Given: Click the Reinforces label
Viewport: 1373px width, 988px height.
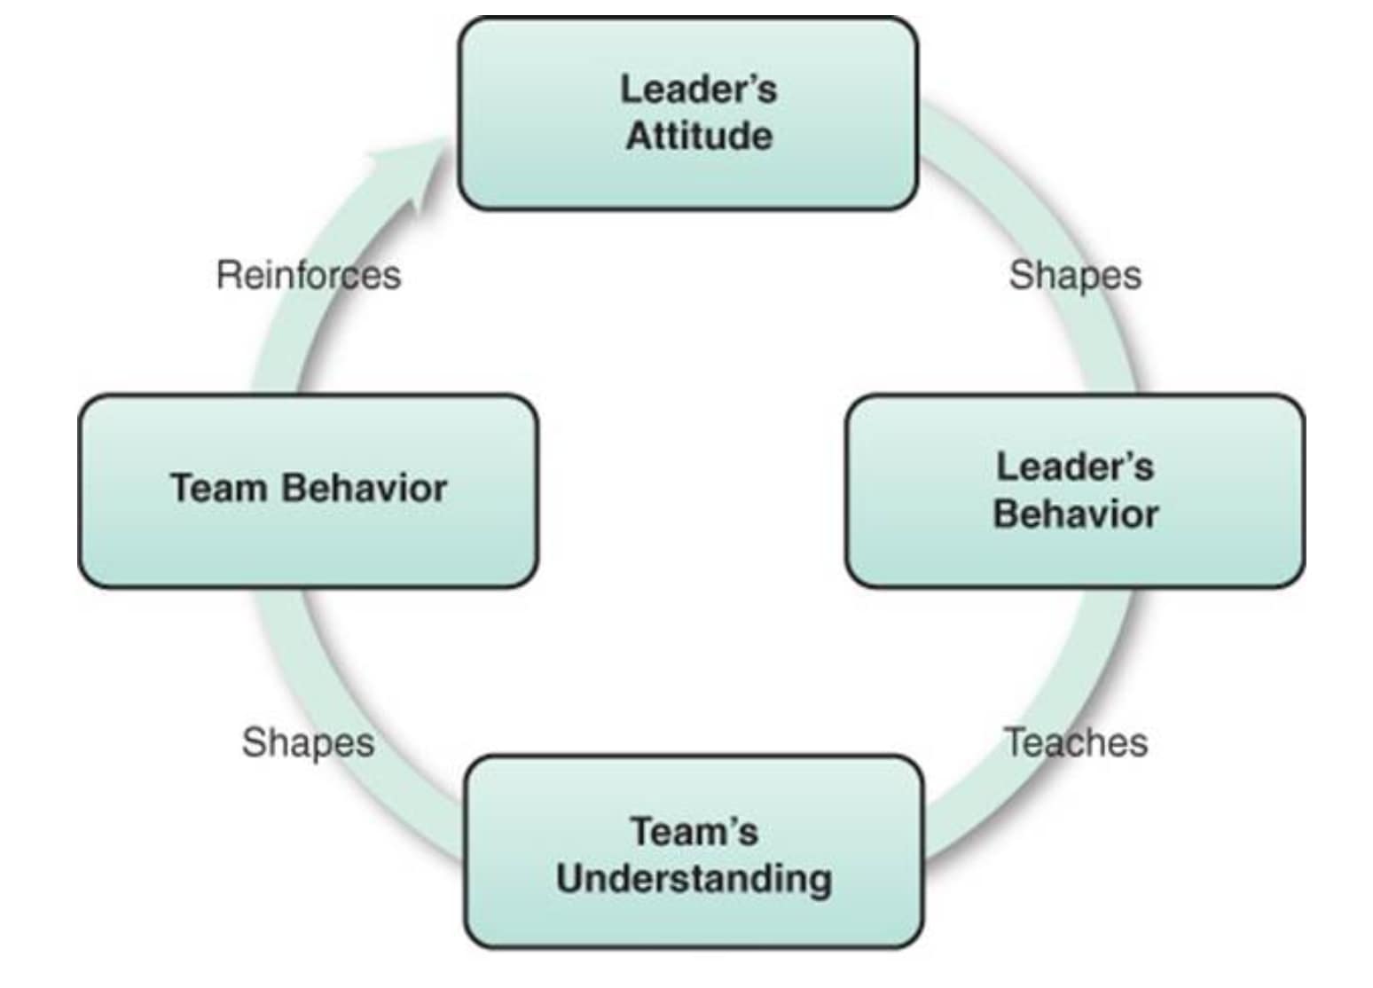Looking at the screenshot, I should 308,275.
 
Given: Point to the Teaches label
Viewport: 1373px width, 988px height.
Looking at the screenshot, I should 1075,742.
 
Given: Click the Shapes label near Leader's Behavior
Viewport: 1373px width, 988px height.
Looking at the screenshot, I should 1075,275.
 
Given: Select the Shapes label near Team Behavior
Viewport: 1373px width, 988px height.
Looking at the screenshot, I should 308,742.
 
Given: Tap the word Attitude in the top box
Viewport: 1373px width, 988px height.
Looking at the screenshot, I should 699,137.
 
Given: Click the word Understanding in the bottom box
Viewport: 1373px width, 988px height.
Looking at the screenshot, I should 694,879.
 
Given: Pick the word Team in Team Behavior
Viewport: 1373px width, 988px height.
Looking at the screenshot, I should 218,488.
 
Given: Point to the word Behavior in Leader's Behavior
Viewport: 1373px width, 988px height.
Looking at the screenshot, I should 1075,514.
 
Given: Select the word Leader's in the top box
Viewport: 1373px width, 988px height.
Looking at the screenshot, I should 698,89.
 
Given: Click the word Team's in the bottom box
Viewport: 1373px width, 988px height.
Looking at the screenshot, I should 694,832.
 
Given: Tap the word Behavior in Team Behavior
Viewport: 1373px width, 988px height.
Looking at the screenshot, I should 365,488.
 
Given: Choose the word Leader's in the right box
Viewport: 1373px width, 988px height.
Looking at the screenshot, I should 1075,467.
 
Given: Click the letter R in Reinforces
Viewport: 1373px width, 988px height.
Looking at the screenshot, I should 227,275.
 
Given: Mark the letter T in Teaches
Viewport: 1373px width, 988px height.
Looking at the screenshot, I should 1014,742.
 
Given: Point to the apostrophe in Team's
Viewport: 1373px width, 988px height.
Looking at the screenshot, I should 730,824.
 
